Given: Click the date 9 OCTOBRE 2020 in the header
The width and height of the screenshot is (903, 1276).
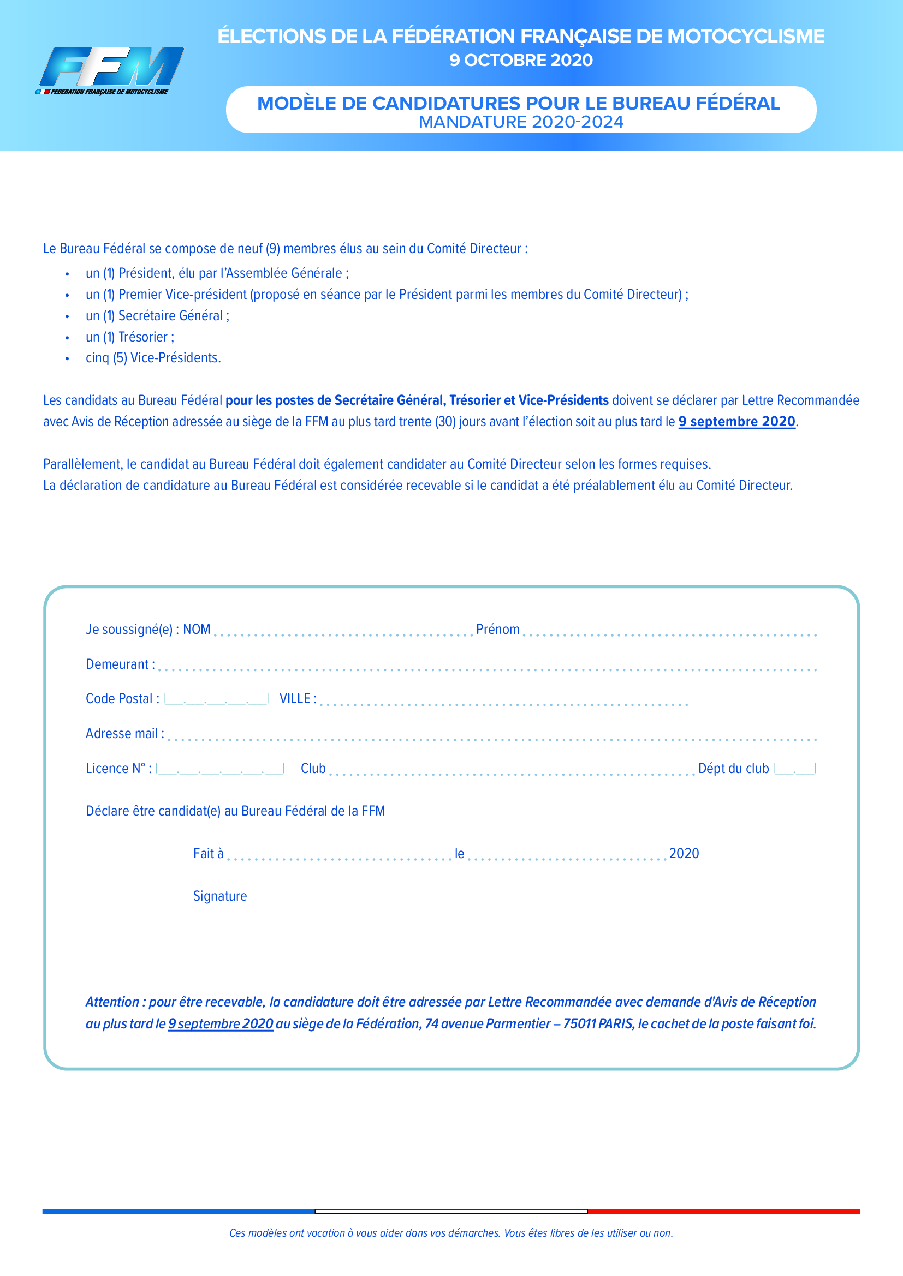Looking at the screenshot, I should [x=521, y=60].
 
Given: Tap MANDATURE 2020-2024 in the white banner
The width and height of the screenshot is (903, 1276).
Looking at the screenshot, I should [x=521, y=122].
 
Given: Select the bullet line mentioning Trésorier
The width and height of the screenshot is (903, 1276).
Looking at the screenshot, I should [x=129, y=337].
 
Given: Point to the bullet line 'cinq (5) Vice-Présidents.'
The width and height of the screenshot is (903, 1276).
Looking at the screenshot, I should [x=153, y=358].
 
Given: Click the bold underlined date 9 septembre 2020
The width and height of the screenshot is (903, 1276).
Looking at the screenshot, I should [x=736, y=422].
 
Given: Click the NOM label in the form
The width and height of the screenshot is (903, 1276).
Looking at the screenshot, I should [x=197, y=629].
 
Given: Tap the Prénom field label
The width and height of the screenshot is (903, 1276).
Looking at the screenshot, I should [x=498, y=629].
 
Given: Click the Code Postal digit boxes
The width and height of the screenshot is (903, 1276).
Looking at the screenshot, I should [x=216, y=699].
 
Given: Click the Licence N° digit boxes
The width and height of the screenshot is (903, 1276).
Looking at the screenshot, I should [x=220, y=769].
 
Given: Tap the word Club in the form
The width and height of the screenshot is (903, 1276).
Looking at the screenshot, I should [x=313, y=769].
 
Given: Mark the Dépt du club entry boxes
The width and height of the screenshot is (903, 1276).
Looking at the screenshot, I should [x=794, y=769].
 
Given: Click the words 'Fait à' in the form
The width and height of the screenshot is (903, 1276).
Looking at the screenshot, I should [x=209, y=854].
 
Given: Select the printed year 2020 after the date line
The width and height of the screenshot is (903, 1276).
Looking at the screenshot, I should [x=684, y=854].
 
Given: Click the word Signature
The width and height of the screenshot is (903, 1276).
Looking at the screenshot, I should [x=220, y=896].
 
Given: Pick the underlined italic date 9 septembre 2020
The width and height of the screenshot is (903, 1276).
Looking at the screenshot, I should [x=221, y=1023].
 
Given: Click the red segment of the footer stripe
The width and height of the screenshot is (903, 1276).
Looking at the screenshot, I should [x=723, y=1212].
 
